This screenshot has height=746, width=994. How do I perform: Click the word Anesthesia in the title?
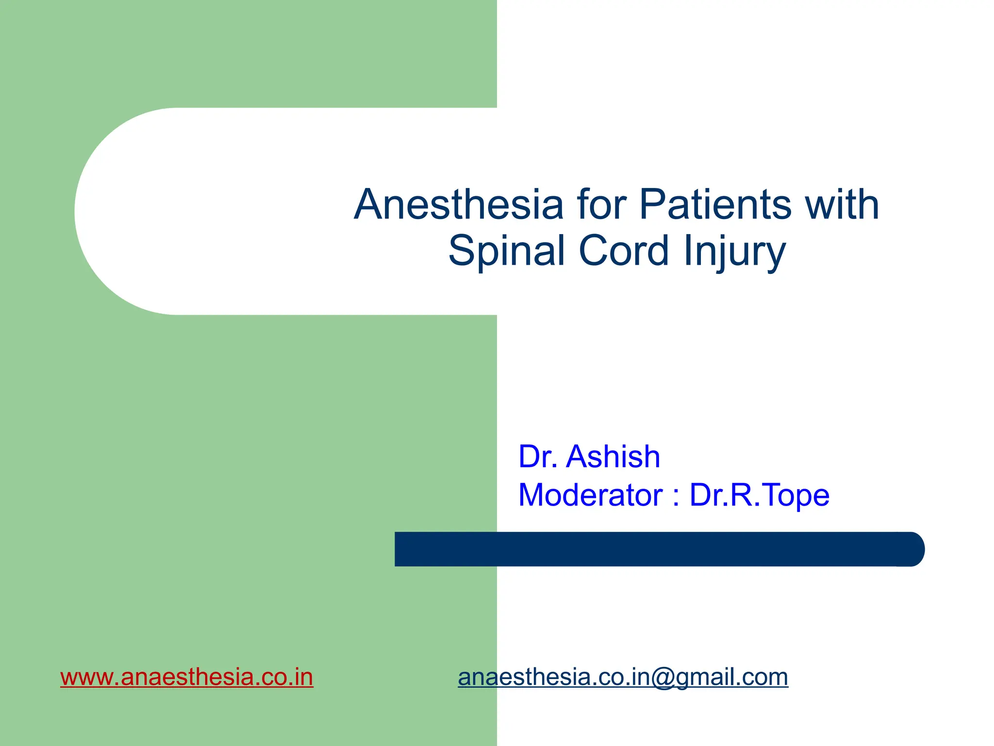point(459,205)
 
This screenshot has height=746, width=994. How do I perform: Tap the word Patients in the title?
point(715,205)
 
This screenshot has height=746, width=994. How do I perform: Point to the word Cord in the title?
point(624,251)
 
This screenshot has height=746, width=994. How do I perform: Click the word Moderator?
point(590,495)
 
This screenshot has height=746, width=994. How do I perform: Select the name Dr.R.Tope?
point(759,495)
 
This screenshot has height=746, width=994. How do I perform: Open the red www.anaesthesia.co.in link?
point(187,677)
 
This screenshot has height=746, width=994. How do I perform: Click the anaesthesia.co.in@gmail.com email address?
point(623,677)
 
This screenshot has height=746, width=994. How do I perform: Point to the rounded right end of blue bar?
point(915,549)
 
